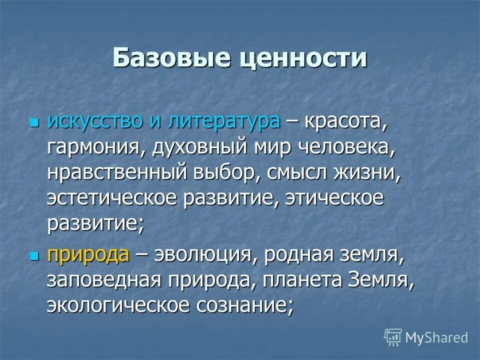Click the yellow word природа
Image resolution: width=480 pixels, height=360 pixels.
pyautogui.click(x=88, y=255)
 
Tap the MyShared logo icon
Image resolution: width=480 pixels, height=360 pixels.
pyautogui.click(x=393, y=337)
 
